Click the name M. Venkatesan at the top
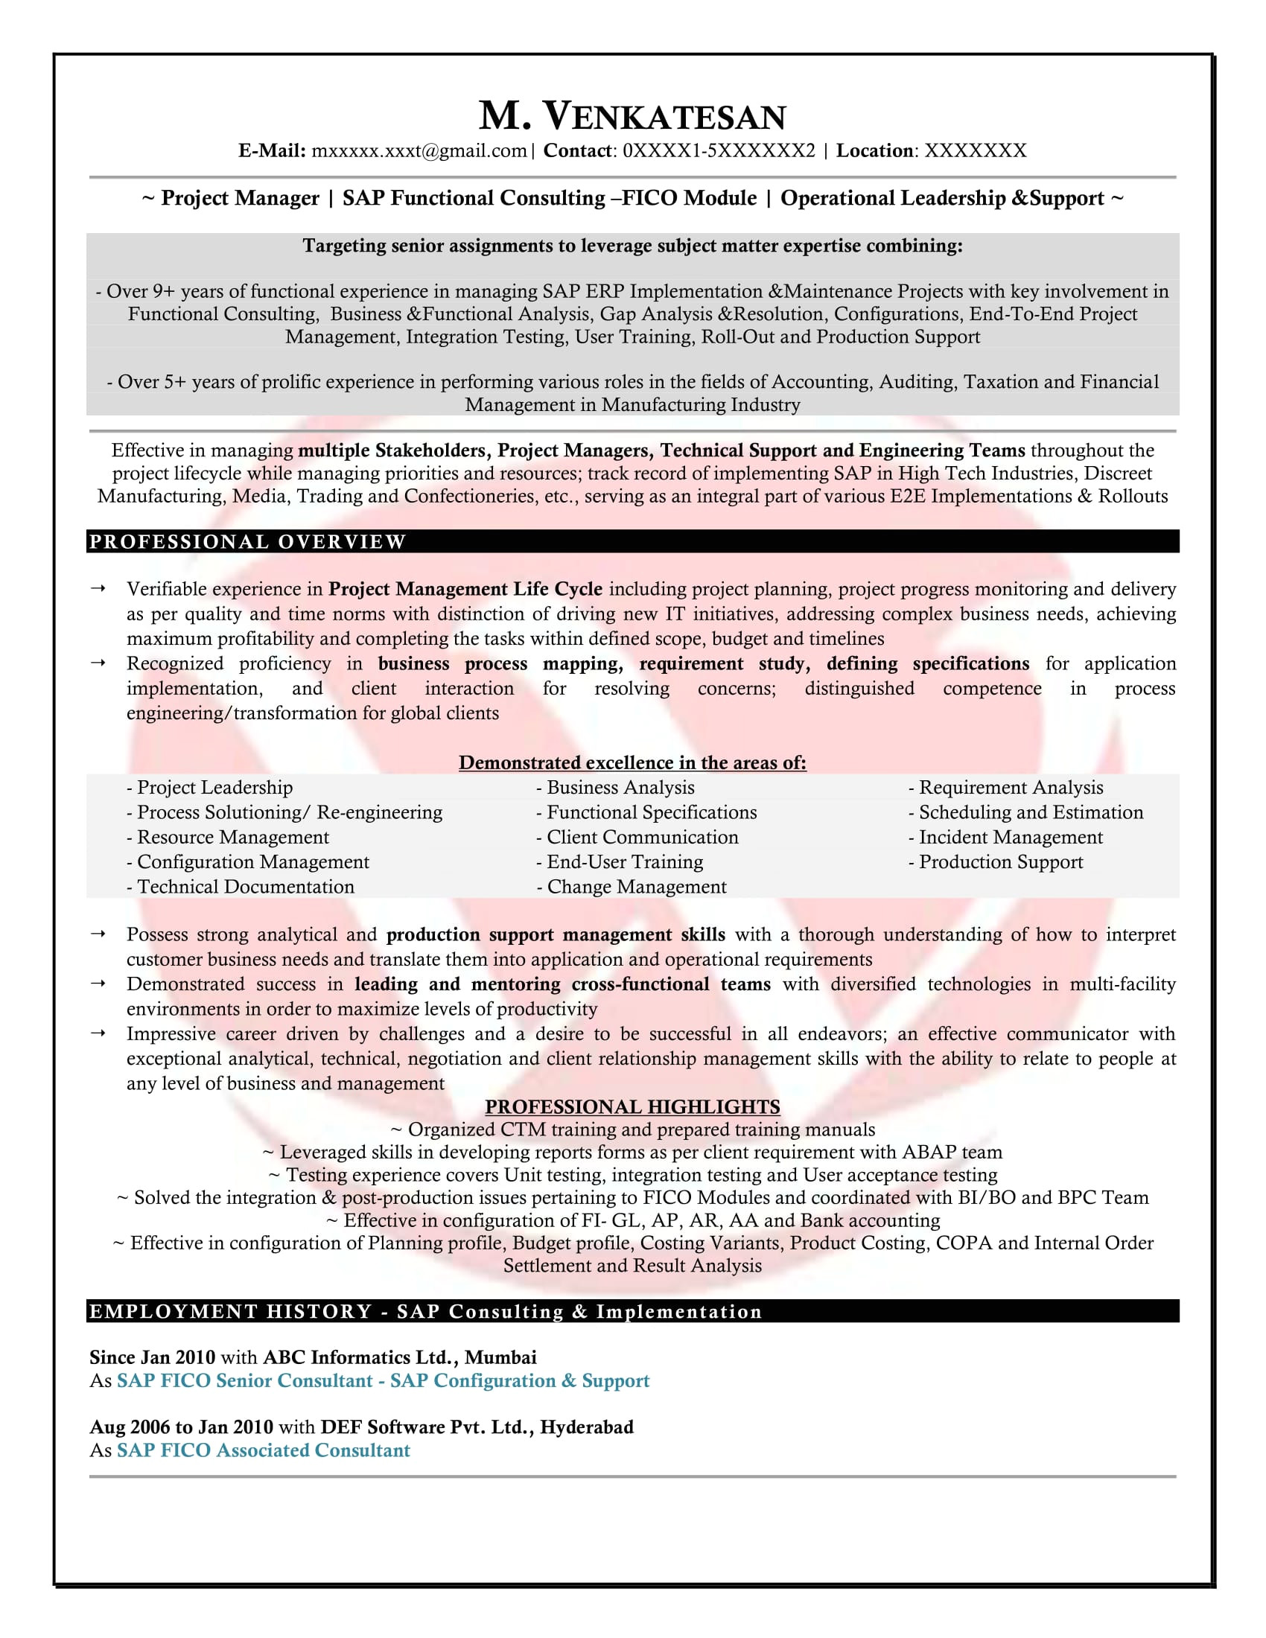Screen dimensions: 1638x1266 pyautogui.click(x=632, y=116)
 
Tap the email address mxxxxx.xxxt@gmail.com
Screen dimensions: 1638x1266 pyautogui.click(x=419, y=150)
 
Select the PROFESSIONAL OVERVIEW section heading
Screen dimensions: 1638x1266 pyautogui.click(x=247, y=541)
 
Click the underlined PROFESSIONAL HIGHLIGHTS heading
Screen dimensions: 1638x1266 pyautogui.click(x=632, y=1107)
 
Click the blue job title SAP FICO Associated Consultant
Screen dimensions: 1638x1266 pyautogui.click(x=263, y=1450)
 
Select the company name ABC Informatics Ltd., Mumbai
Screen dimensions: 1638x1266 pyautogui.click(x=400, y=1357)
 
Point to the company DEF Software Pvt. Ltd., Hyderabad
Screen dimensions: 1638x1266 pyautogui.click(x=477, y=1427)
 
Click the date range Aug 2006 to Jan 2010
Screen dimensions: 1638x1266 pyautogui.click(x=182, y=1427)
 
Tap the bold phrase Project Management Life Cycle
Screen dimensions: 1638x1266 pyautogui.click(x=465, y=589)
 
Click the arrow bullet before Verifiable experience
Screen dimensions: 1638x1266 pyautogui.click(x=98, y=589)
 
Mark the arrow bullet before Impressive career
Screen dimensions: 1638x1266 pyautogui.click(x=98, y=1033)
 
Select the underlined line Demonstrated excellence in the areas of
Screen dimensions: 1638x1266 pyautogui.click(x=632, y=762)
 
